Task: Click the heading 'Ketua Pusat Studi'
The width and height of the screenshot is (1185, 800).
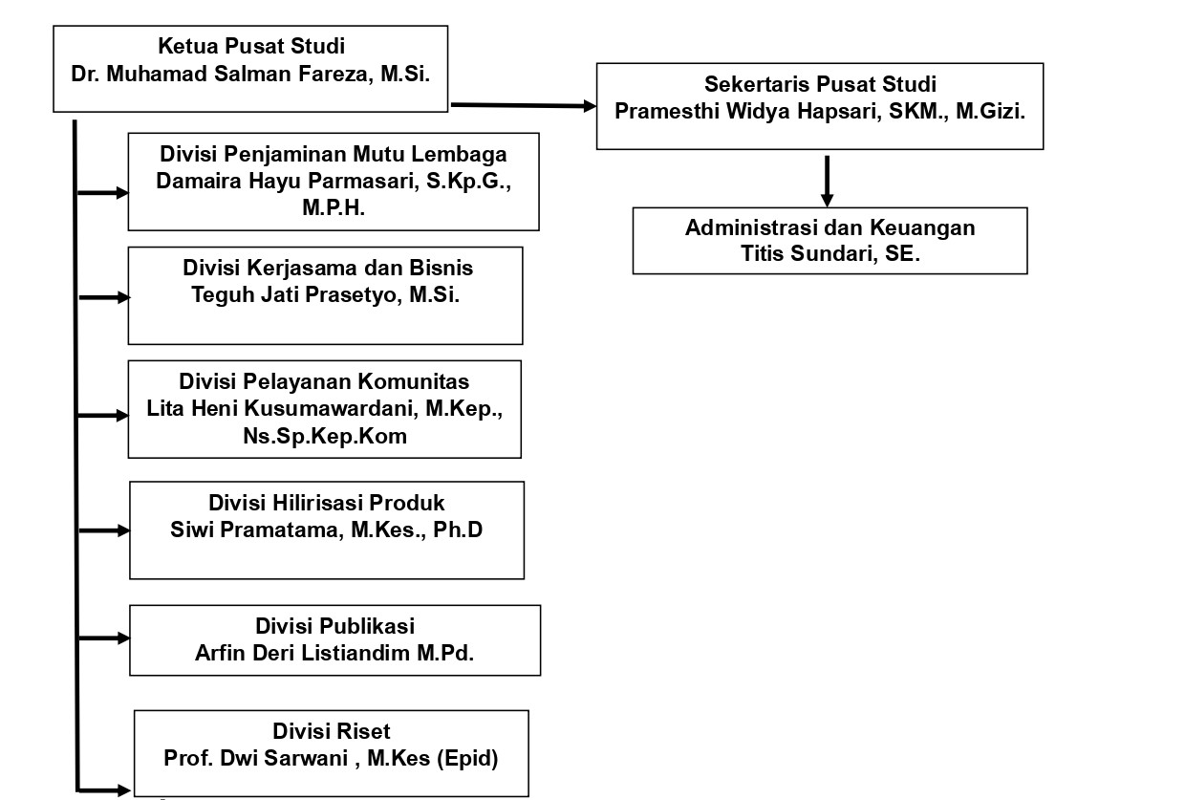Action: pyautogui.click(x=251, y=46)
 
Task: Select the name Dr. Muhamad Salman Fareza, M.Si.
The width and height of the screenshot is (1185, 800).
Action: pyautogui.click(x=250, y=75)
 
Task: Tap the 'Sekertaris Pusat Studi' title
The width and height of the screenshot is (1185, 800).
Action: pyautogui.click(x=820, y=84)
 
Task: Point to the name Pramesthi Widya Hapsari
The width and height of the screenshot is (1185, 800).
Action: pyautogui.click(x=748, y=112)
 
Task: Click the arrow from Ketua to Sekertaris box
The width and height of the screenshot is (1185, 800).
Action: pyautogui.click(x=523, y=106)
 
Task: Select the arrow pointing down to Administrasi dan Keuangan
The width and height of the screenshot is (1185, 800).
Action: pyautogui.click(x=827, y=181)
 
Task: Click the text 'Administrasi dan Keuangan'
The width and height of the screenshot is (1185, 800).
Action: pyautogui.click(x=830, y=227)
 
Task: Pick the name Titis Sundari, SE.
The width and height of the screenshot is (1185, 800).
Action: pyautogui.click(x=830, y=253)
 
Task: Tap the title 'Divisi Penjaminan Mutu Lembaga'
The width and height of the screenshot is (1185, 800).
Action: pyautogui.click(x=334, y=155)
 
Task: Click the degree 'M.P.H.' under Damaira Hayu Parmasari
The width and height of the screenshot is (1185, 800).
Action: pyautogui.click(x=334, y=207)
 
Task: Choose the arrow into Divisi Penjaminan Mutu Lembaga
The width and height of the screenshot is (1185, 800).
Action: pyautogui.click(x=102, y=193)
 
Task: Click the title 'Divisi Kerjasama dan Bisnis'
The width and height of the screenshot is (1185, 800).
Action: pyautogui.click(x=328, y=269)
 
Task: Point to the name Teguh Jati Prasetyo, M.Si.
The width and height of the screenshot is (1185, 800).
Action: pyautogui.click(x=325, y=294)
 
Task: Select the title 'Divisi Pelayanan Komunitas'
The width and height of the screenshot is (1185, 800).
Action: pyautogui.click(x=324, y=381)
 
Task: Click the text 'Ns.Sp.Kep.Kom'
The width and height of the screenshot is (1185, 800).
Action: pyautogui.click(x=325, y=436)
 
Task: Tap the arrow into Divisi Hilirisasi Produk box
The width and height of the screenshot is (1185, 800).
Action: pyautogui.click(x=104, y=530)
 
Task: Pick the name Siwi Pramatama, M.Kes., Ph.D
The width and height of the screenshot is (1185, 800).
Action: pyautogui.click(x=327, y=530)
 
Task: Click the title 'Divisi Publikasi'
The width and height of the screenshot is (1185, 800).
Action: pyautogui.click(x=334, y=626)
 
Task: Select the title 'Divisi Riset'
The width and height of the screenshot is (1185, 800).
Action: pyautogui.click(x=332, y=731)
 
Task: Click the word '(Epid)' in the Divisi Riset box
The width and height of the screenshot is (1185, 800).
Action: pyautogui.click(x=467, y=759)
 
